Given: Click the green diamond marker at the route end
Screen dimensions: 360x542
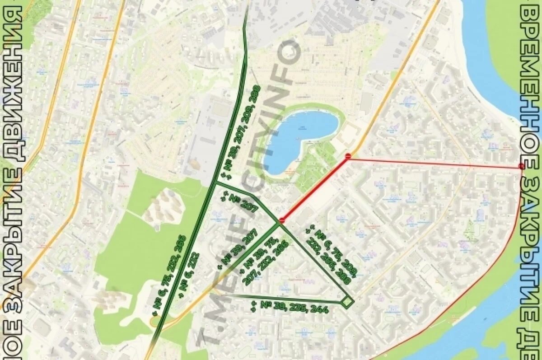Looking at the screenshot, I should tap(347, 302).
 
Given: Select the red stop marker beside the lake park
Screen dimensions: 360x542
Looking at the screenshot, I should tap(348, 156).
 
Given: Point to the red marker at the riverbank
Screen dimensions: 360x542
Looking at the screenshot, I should tap(522, 167).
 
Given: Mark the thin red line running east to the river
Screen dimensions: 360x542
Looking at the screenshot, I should tap(434, 163).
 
